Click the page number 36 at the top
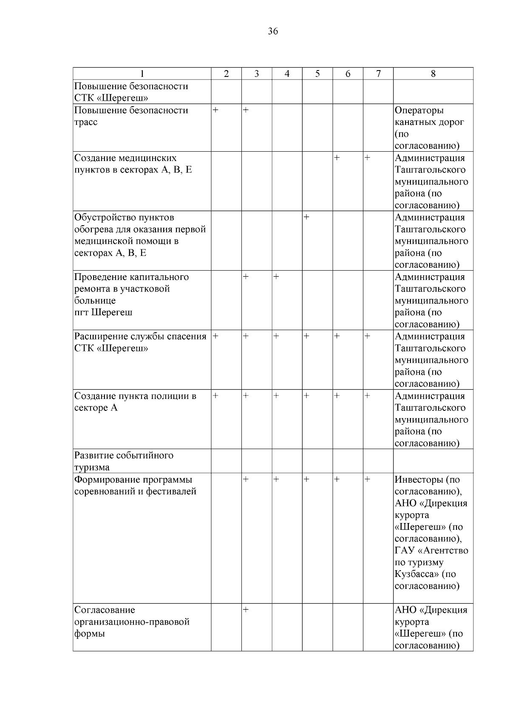pyautogui.click(x=273, y=31)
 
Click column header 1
pyautogui.click(x=142, y=74)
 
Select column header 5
pyautogui.click(x=317, y=74)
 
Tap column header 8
pyautogui.click(x=433, y=74)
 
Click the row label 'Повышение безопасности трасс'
pyautogui.click(x=131, y=116)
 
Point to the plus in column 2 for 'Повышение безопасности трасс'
pyautogui.click(x=215, y=110)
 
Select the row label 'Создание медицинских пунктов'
pyautogui.click(x=133, y=164)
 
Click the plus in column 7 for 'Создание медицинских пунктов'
pyautogui.click(x=367, y=158)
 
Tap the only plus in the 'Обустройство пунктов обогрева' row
pyautogui.click(x=306, y=217)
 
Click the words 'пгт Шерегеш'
pyautogui.click(x=103, y=312)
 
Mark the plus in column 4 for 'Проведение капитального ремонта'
pyautogui.click(x=276, y=277)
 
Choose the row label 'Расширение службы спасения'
pyautogui.click(x=140, y=342)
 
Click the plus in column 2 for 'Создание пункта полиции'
pyautogui.click(x=215, y=396)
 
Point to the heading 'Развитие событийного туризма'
pyautogui.click(x=124, y=461)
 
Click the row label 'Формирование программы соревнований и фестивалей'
pyautogui.click(x=135, y=485)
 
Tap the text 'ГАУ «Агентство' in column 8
pyautogui.click(x=431, y=551)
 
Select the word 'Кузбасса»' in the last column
pyautogui.click(x=416, y=574)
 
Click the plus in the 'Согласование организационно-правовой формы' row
pyautogui.click(x=246, y=610)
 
